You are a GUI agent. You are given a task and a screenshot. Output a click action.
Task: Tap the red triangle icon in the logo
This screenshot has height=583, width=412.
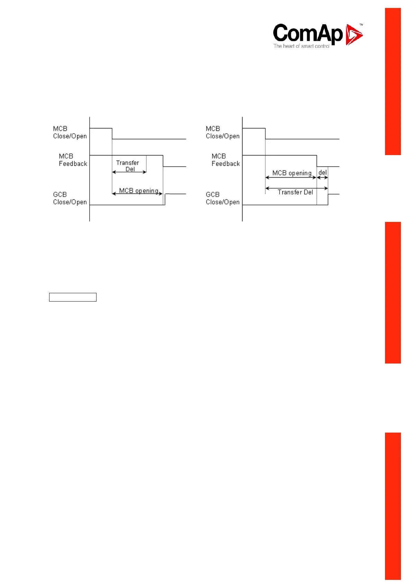(x=354, y=35)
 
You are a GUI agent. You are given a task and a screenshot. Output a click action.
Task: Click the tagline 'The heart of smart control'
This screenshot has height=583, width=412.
(x=301, y=46)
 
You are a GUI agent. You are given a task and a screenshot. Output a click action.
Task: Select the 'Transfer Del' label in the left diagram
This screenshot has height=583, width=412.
(x=128, y=166)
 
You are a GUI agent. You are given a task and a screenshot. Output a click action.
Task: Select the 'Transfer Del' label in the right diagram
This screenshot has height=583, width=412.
(x=295, y=192)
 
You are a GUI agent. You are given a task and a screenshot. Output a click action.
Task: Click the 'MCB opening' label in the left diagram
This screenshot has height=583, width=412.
(x=139, y=191)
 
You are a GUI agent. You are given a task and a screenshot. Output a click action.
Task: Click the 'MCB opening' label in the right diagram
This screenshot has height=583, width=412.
(x=292, y=173)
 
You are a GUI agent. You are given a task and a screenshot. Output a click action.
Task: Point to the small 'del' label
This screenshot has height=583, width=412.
(x=322, y=172)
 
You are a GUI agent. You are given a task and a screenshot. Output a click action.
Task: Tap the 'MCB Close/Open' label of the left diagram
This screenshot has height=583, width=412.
(x=70, y=132)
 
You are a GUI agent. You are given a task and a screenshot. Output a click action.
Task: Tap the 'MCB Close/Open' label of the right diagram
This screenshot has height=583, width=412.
(x=222, y=132)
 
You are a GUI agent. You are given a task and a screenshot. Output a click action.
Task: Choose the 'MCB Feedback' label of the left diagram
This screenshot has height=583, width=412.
(x=73, y=160)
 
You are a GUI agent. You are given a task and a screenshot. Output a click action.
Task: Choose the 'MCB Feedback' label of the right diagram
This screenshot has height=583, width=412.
(x=226, y=160)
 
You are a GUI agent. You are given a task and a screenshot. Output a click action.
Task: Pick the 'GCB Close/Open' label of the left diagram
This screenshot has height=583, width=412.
(x=70, y=198)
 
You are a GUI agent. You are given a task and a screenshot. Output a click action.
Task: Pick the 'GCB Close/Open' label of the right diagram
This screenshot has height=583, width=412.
(x=222, y=198)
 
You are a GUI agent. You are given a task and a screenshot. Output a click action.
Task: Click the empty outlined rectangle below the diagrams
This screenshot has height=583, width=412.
(x=73, y=297)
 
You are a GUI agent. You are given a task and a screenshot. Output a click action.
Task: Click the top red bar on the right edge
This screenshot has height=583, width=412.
(x=393, y=81)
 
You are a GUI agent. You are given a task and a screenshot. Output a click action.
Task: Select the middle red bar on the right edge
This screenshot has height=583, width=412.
(x=393, y=293)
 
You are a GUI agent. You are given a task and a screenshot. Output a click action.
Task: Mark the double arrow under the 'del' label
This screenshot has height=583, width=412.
(x=322, y=178)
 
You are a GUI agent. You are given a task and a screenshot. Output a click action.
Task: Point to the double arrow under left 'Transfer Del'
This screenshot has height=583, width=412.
(x=129, y=172)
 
